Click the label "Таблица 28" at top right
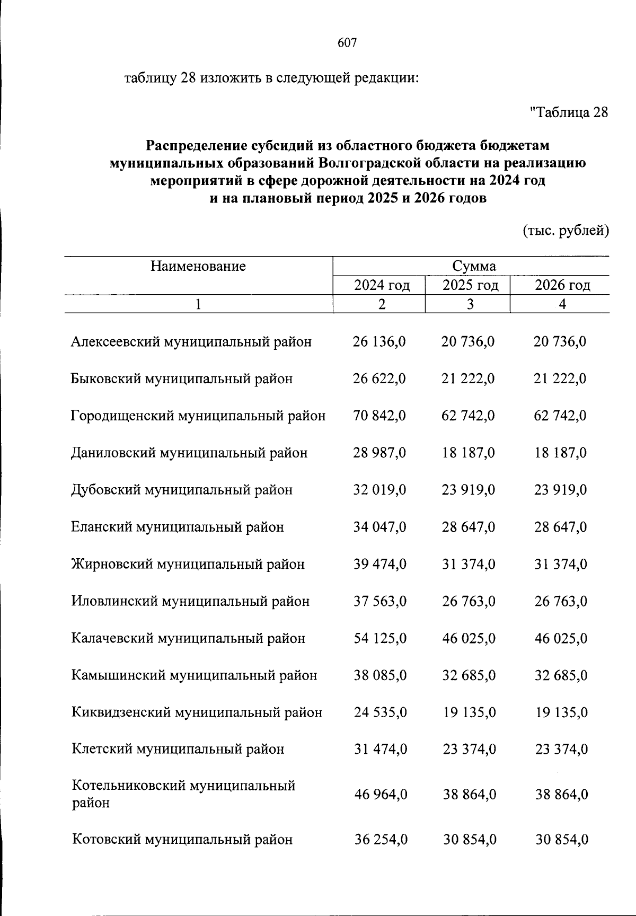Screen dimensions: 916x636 point(569,112)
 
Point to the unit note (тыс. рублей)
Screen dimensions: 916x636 point(566,231)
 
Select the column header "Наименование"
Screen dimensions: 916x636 point(198,266)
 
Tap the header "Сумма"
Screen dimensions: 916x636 point(474,266)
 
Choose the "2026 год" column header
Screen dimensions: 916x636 point(562,286)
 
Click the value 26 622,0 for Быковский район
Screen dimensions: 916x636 point(379,379)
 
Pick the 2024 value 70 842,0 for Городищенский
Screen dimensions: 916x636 point(379,416)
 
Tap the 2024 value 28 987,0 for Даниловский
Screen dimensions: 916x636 point(379,453)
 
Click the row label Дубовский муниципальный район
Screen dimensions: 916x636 point(182,490)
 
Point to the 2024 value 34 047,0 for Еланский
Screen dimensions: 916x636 point(379,527)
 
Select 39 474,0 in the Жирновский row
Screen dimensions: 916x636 point(380,564)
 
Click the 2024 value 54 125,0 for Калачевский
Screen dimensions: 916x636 point(380,638)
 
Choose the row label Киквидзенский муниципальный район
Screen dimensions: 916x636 point(197,712)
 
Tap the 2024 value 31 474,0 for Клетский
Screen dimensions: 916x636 point(380,750)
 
